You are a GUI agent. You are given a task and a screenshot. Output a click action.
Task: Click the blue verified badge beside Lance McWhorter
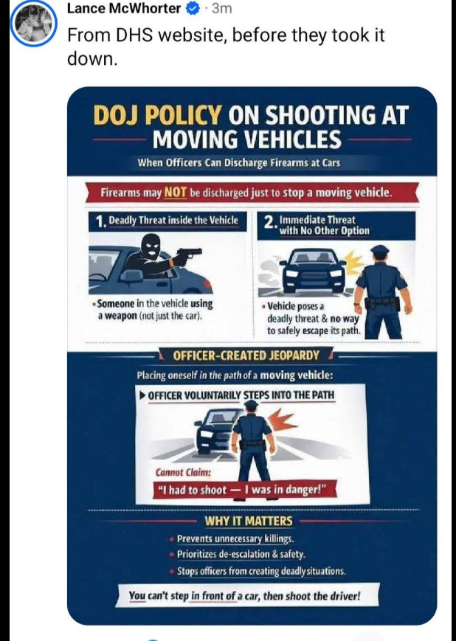click(x=193, y=8)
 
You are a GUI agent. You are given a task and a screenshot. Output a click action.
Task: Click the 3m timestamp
click(x=222, y=8)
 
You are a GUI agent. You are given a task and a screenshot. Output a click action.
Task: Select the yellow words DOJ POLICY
click(x=157, y=115)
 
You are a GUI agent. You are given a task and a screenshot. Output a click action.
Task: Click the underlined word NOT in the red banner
click(x=176, y=192)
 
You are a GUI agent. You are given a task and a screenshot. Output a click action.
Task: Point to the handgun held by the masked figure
click(x=187, y=254)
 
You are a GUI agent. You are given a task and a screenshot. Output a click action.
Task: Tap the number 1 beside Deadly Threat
click(x=100, y=221)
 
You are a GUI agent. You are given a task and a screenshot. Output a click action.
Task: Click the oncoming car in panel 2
click(x=316, y=269)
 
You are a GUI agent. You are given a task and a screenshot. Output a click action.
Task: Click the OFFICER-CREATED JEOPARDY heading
click(x=246, y=356)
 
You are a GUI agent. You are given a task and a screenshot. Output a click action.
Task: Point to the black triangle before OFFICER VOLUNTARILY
click(x=142, y=395)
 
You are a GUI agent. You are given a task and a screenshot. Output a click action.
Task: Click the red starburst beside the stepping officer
click(x=282, y=422)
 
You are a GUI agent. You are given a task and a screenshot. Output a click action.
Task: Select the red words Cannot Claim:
click(x=183, y=473)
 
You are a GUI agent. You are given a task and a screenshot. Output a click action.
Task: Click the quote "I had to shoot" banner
click(x=244, y=489)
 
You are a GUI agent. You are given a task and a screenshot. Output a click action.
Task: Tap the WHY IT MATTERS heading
click(x=249, y=521)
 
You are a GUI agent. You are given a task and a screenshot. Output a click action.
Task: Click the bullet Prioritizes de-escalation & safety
click(x=241, y=555)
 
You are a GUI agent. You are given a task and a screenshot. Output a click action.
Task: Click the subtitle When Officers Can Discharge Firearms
click(x=239, y=163)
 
